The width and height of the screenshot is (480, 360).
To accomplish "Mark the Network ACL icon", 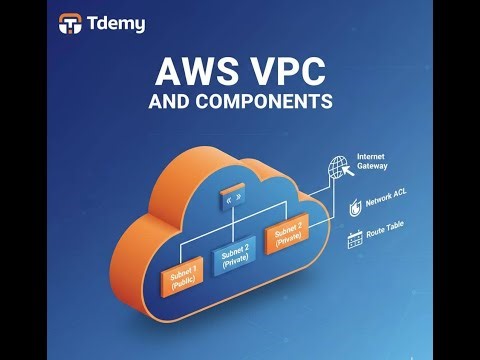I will coord(355,207).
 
